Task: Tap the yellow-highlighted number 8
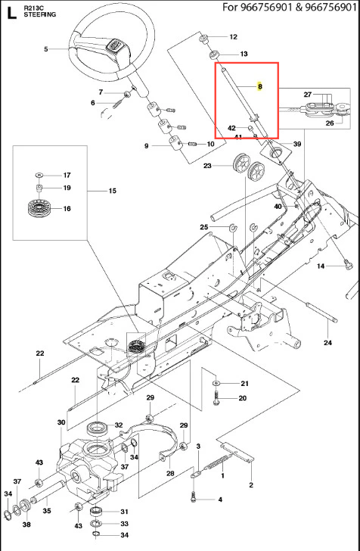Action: click(x=259, y=86)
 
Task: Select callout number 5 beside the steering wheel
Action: click(x=46, y=49)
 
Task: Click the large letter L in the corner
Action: click(x=11, y=14)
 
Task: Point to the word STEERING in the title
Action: click(x=39, y=15)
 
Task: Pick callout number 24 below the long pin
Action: click(x=328, y=343)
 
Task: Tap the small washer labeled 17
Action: click(x=39, y=175)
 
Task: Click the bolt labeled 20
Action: click(x=216, y=397)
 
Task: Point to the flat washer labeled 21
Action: click(x=216, y=383)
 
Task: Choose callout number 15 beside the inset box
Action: click(x=112, y=191)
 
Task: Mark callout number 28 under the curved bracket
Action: click(x=170, y=473)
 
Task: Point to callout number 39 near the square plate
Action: click(x=297, y=144)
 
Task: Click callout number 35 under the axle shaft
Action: click(x=47, y=511)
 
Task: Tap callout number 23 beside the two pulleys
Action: click(x=207, y=166)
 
